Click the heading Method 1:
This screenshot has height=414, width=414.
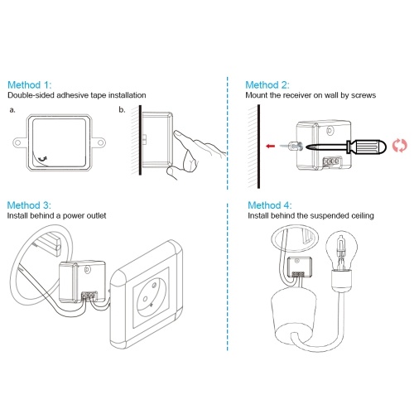click(x=30, y=84)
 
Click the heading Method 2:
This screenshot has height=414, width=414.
click(x=267, y=84)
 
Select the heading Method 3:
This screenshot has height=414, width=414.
click(x=29, y=205)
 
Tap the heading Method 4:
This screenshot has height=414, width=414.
click(x=270, y=205)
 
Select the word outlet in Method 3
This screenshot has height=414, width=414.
click(x=96, y=215)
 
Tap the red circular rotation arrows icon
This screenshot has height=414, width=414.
click(x=399, y=145)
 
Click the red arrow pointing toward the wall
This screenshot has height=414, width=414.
click(x=271, y=146)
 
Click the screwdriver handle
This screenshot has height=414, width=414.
click(x=367, y=147)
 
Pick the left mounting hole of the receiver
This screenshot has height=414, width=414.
click(x=17, y=142)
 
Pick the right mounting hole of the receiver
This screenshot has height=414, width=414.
click(x=101, y=142)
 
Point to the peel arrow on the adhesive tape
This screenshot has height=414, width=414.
click(x=43, y=159)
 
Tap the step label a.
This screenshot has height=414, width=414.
click(x=12, y=110)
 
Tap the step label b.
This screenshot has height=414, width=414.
click(x=122, y=110)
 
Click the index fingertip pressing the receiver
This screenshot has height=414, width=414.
click(x=177, y=134)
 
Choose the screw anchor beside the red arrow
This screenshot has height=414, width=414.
click(x=293, y=146)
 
